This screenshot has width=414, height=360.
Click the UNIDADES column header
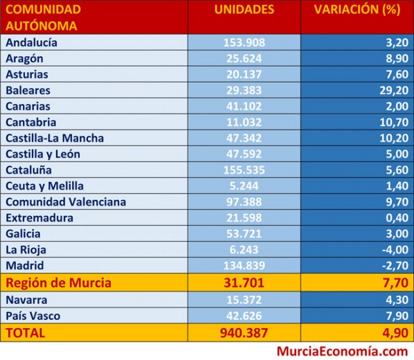244,10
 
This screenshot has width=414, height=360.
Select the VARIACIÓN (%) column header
357,10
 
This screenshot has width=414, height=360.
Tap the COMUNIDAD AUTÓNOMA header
43,18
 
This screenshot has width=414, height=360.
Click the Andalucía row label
31,42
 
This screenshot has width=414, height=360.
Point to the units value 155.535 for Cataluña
244,170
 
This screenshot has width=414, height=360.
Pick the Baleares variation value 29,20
394,90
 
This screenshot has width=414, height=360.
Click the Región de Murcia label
58,282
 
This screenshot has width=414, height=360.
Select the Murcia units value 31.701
244,282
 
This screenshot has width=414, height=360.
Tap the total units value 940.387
244,333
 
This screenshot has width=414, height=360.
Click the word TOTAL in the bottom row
26,333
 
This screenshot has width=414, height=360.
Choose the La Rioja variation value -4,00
395,250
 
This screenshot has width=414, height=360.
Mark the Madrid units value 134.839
244,266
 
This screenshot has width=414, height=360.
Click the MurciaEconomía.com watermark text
342,352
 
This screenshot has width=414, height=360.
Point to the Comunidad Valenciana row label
66,202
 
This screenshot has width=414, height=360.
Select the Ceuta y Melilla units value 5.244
244,186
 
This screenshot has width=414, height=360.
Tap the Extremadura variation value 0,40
397,218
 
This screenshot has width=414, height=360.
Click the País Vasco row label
33,316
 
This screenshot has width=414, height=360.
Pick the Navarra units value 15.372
244,300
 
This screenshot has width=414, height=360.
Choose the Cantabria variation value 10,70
394,123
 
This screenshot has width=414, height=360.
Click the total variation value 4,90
395,333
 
